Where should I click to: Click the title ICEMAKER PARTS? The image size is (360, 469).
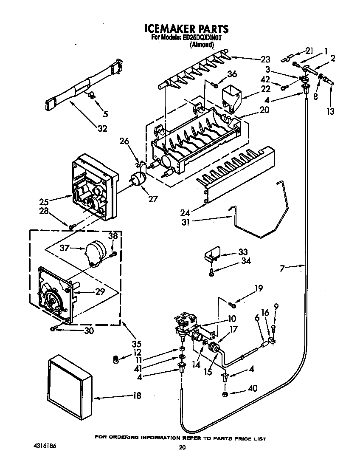(186, 28)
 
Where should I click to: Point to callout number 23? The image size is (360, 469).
(265, 59)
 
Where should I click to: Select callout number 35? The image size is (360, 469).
(136, 344)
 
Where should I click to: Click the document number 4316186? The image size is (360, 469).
(45, 446)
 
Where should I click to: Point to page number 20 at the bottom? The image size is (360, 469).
(182, 447)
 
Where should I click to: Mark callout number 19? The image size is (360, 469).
(259, 288)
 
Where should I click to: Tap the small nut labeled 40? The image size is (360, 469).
(225, 394)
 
